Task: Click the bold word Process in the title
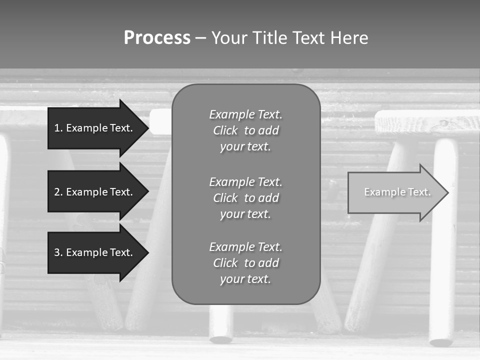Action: point(157,38)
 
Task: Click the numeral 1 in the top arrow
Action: point(57,128)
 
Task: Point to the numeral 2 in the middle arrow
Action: point(57,192)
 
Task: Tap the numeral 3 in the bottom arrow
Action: point(57,252)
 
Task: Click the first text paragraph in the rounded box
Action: point(245,130)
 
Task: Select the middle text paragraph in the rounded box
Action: point(245,198)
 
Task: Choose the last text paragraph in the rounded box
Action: point(245,263)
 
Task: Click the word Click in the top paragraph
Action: point(225,131)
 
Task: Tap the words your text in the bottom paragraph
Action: point(245,279)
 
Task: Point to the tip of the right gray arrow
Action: point(447,192)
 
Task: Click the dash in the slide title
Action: point(200,38)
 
